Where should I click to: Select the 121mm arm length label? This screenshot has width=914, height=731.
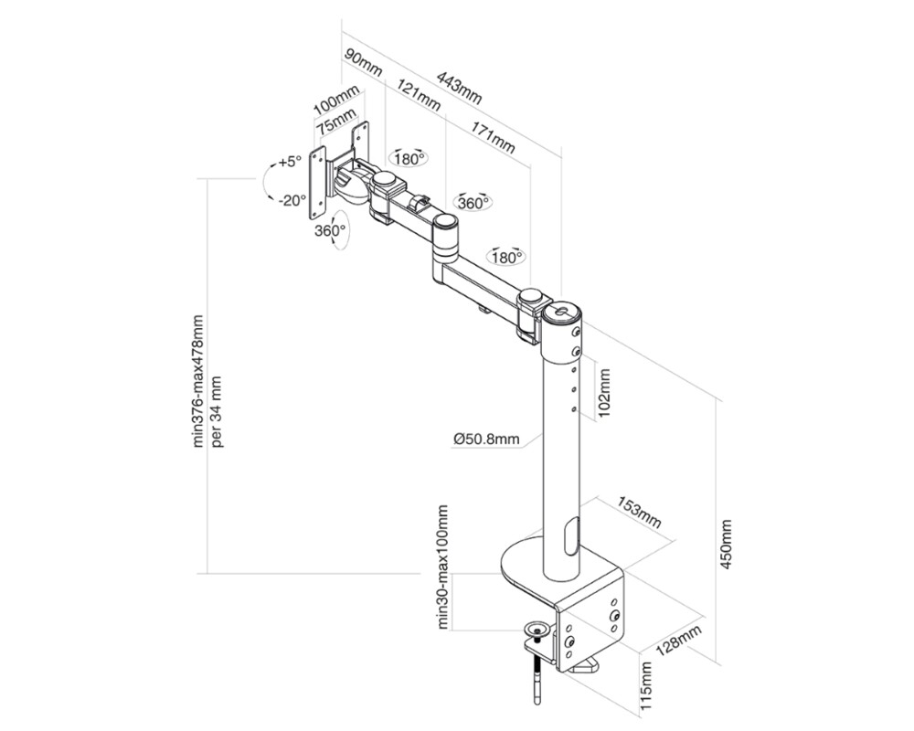pos(420,96)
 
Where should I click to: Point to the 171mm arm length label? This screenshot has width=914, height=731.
pos(492,136)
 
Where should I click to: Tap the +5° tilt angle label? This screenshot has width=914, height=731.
pos(290,162)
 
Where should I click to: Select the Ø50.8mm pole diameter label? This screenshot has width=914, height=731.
pos(486,440)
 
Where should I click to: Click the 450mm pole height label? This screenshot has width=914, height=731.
pos(728,546)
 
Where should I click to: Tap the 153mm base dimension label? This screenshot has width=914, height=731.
pos(639,514)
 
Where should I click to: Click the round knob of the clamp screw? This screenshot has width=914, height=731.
pos(537,629)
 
